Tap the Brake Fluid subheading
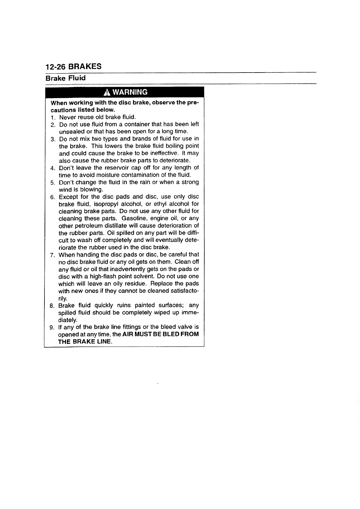65,78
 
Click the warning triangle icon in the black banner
106,92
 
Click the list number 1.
52,117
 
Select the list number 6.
52,197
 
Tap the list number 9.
52,327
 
